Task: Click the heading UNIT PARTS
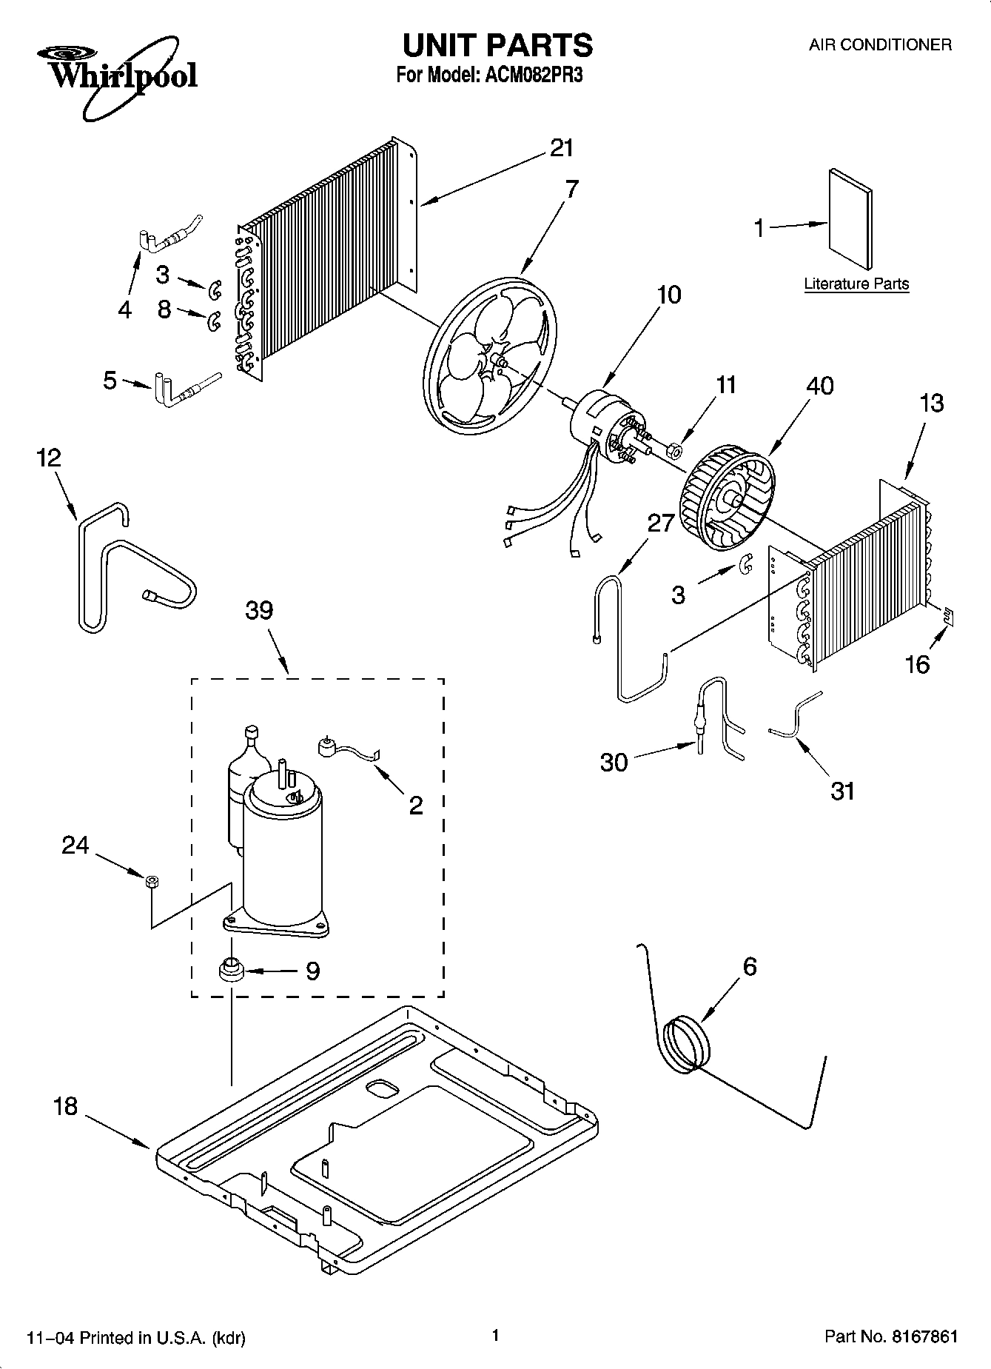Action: [x=497, y=45]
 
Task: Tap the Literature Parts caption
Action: [x=856, y=284]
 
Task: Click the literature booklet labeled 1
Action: [x=850, y=219]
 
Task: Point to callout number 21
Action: [x=562, y=148]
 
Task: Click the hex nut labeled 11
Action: [x=675, y=449]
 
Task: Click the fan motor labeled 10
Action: [x=599, y=429]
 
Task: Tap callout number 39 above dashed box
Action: [x=259, y=610]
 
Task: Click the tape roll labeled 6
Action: [x=685, y=1043]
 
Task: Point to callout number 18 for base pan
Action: [x=65, y=1106]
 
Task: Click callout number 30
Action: [x=614, y=761]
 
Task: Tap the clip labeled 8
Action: [x=214, y=321]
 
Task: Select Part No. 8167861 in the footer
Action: [x=891, y=1336]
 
